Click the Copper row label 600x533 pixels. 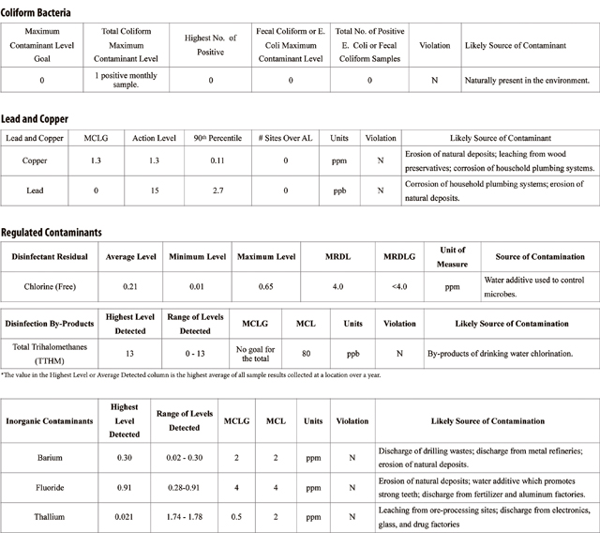[34, 160]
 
